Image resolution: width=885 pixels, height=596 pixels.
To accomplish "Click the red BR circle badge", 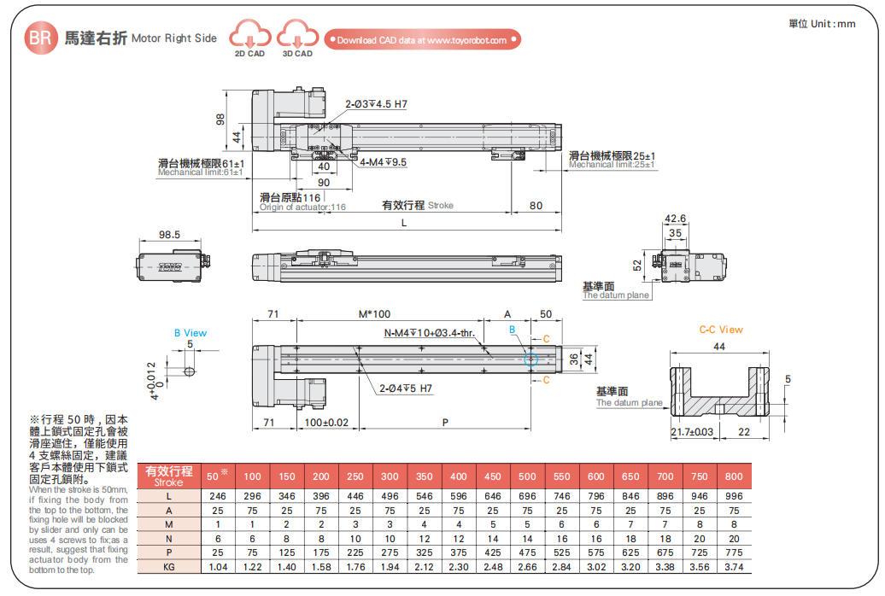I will click(39, 38).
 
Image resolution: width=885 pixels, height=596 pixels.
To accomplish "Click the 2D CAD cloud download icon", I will click(250, 38).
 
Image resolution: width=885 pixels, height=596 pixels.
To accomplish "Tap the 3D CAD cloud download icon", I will click(297, 38).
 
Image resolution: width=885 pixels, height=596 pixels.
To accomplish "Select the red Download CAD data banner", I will click(422, 40).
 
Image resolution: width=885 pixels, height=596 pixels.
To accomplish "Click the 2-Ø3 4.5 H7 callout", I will click(376, 104).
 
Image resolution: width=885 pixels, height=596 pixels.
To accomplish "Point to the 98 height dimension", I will click(220, 120).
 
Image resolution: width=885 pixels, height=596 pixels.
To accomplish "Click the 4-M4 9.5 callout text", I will click(384, 161).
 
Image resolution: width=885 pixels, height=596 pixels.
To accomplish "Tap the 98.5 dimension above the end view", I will click(169, 235).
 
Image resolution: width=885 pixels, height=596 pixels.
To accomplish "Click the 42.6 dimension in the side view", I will click(675, 219).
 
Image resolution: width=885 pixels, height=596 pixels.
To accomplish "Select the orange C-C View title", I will click(721, 330).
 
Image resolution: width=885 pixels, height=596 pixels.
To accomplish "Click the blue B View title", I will click(190, 333).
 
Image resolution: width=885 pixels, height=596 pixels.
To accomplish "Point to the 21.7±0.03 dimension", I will click(692, 432).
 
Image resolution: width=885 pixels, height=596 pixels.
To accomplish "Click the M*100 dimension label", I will click(374, 314).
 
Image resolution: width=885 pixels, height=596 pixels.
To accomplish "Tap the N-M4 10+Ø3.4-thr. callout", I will click(429, 333).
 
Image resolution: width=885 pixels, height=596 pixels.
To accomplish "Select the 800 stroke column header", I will click(734, 476).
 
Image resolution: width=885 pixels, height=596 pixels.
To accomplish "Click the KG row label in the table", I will click(169, 566).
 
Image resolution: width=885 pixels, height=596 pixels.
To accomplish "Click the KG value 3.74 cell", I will click(734, 566).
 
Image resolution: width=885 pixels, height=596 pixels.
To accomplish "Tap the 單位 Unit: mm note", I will click(822, 24).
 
